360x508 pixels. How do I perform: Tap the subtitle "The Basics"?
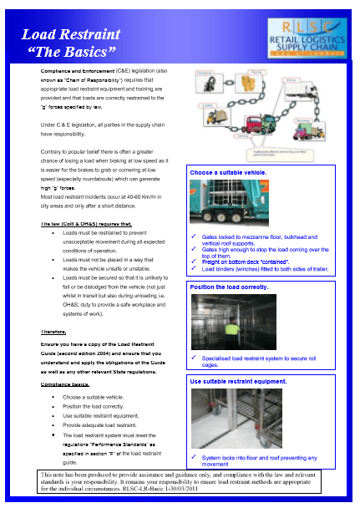click(x=72, y=53)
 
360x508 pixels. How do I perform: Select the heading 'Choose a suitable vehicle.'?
click(x=227, y=172)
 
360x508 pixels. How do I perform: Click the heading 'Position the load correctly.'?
click(x=230, y=287)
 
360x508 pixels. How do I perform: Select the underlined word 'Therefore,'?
click(x=53, y=332)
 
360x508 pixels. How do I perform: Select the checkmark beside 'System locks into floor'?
click(x=194, y=457)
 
